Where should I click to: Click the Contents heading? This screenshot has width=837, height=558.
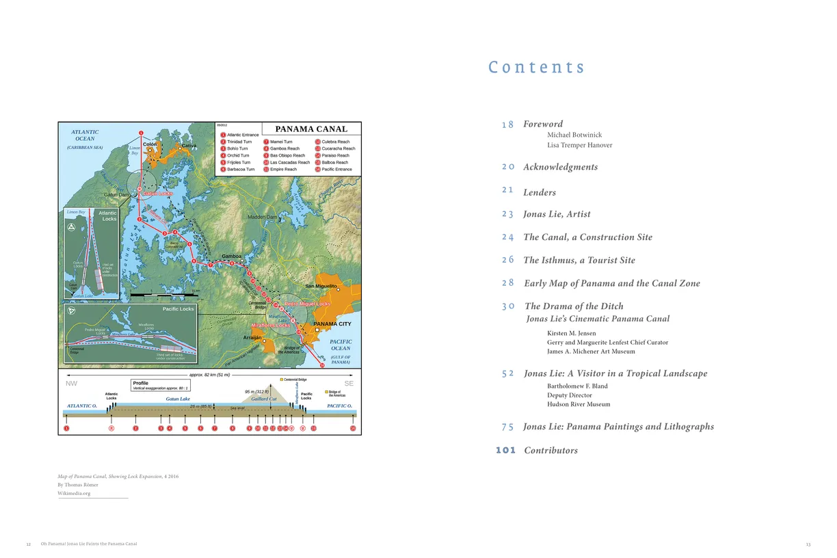(x=537, y=67)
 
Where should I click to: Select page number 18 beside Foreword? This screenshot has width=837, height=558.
(x=507, y=124)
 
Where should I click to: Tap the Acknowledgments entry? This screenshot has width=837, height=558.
(x=560, y=167)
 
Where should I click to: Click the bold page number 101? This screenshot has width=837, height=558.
(x=506, y=450)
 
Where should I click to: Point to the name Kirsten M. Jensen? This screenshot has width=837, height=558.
(x=572, y=333)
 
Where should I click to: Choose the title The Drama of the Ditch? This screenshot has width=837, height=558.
(x=574, y=306)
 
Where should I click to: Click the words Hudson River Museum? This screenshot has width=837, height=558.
(x=579, y=404)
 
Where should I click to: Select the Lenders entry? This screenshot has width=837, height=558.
(x=540, y=193)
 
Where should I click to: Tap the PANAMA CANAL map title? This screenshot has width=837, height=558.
(x=311, y=129)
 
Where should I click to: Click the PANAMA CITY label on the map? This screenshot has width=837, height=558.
(x=332, y=324)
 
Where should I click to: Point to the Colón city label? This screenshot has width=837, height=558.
(x=150, y=144)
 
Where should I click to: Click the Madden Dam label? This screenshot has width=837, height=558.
(x=262, y=217)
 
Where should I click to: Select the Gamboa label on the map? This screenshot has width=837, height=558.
(x=231, y=256)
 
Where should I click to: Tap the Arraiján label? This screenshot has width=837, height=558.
(x=252, y=338)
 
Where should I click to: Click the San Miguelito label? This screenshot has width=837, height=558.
(x=321, y=286)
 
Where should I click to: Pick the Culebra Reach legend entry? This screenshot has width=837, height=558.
(x=335, y=142)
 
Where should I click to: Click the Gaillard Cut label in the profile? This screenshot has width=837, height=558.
(x=263, y=399)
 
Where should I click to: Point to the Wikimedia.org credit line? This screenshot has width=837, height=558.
(x=74, y=493)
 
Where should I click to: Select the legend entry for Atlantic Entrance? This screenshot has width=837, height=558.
(x=242, y=135)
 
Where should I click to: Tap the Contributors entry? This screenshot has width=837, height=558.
(x=550, y=451)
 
